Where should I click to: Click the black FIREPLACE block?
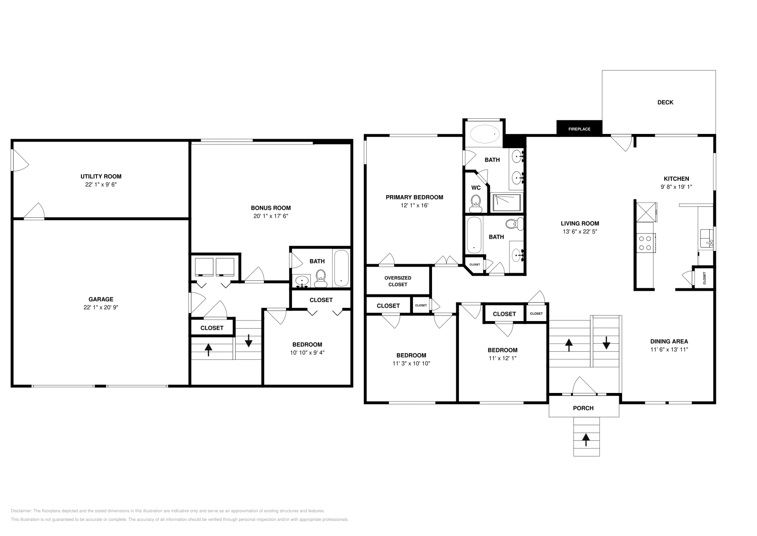click(x=579, y=128)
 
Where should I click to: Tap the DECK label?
click(x=665, y=102)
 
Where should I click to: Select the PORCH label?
click(x=583, y=408)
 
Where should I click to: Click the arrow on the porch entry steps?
click(x=586, y=440)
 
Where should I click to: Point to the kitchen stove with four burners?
click(x=644, y=243)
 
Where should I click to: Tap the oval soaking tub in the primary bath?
click(x=484, y=134)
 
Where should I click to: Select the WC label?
click(x=476, y=188)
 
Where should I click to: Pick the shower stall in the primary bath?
click(x=507, y=203)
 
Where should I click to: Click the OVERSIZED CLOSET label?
click(x=397, y=281)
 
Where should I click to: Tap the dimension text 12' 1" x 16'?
click(x=414, y=206)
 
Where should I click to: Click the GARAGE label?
click(x=101, y=299)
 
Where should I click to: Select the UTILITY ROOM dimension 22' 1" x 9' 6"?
click(x=101, y=185)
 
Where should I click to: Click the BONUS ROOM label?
click(x=271, y=208)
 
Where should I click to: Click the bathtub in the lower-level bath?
click(x=341, y=268)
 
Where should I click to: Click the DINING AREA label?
click(x=669, y=341)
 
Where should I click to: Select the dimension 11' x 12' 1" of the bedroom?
click(x=502, y=358)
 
